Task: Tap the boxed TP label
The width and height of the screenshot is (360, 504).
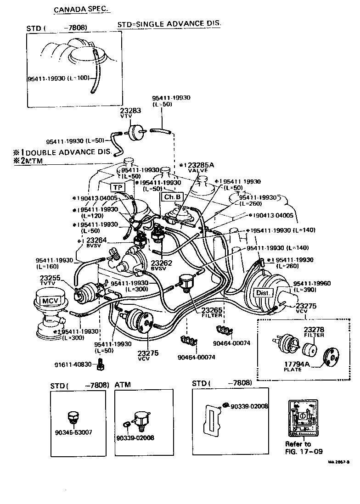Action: (x=118, y=187)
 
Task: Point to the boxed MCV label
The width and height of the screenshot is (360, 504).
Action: (x=48, y=301)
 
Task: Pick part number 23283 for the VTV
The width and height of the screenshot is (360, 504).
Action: (x=130, y=112)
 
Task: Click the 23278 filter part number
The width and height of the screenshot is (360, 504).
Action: (x=314, y=330)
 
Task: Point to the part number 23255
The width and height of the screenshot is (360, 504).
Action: (x=50, y=278)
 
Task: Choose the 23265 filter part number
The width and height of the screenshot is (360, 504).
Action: (x=212, y=311)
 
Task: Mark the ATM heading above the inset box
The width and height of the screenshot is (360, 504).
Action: (x=124, y=384)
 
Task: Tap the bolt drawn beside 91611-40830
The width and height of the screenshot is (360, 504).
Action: (x=101, y=365)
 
